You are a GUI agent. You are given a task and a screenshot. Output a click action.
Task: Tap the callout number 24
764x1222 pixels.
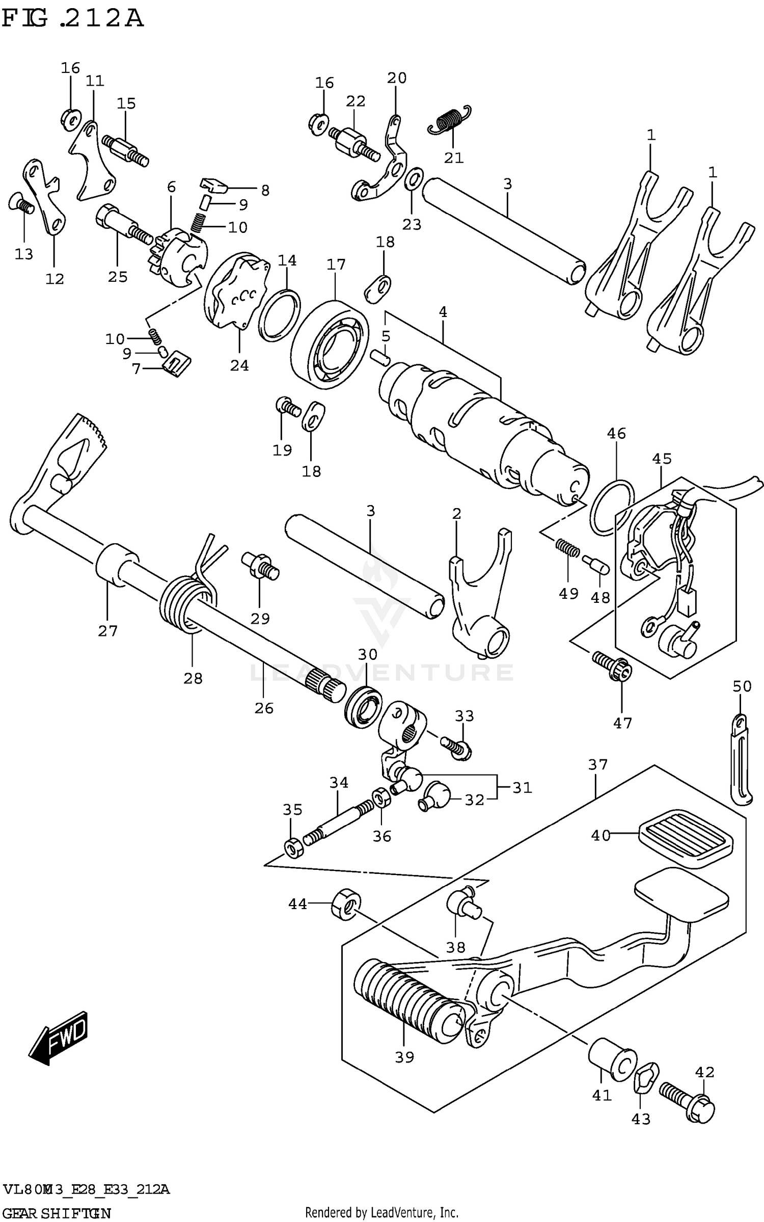pos(239,365)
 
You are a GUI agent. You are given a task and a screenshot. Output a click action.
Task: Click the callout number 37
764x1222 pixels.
pos(598,764)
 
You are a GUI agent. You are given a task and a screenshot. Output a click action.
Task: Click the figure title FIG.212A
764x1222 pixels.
pos(72,19)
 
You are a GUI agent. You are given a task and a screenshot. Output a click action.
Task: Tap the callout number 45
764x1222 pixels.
pos(662,459)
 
